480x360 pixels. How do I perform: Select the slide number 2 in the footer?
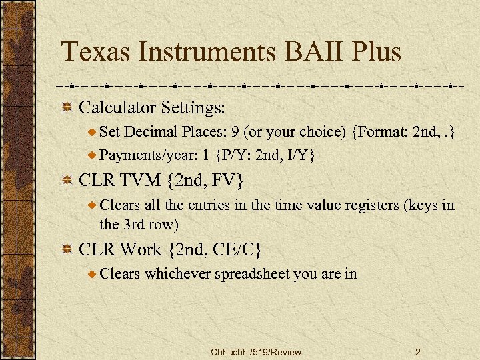point(417,351)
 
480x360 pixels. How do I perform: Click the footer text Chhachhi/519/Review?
point(255,351)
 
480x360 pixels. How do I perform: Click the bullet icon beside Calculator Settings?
point(66,107)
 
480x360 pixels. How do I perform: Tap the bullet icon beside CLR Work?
point(66,250)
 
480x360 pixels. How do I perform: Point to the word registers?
point(368,205)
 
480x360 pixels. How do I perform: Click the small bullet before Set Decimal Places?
point(93,133)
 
